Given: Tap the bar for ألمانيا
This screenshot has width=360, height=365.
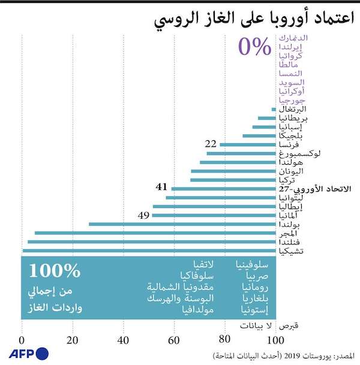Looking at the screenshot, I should coord(213,215).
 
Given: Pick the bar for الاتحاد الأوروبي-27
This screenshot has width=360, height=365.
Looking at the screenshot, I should coord(223,188).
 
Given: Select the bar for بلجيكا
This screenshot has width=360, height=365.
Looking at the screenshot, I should coord(259,136).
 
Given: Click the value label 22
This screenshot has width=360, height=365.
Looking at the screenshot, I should coord(211,144).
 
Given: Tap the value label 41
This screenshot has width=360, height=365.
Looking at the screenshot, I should coord(161,187).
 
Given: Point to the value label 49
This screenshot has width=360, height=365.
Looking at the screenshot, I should coord(143,215).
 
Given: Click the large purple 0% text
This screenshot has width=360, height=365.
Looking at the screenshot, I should coord(254,47).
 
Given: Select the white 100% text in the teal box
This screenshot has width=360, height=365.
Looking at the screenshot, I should coord(55,271).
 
